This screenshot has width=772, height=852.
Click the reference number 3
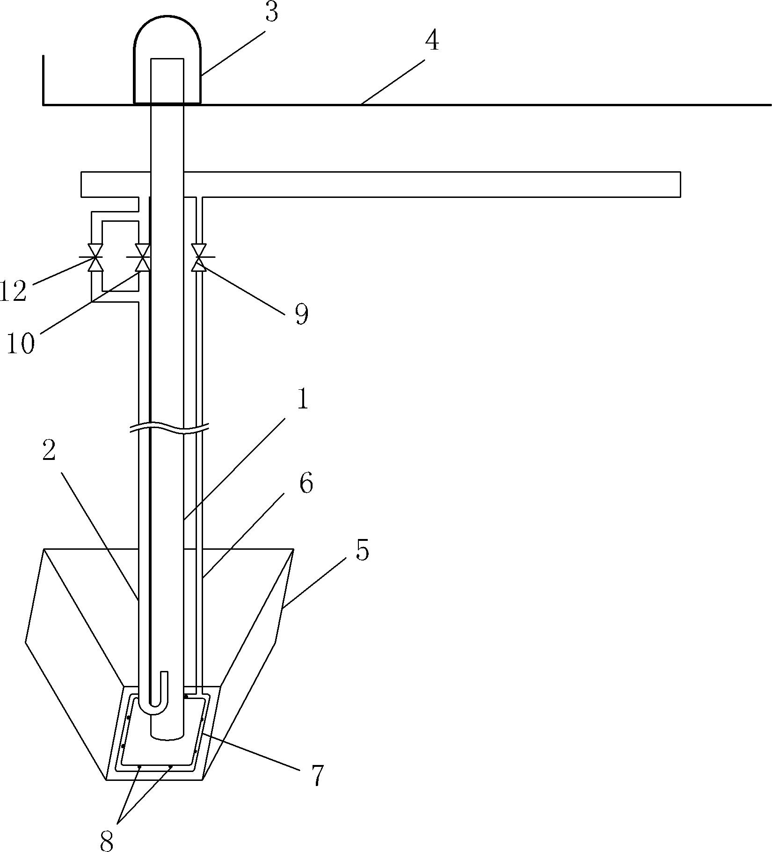[271, 13]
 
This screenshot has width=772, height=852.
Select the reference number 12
[13, 291]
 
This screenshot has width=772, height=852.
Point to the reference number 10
[21, 344]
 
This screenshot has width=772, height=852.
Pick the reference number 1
[303, 400]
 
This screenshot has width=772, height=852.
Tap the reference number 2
[49, 451]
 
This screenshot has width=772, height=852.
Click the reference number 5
[362, 550]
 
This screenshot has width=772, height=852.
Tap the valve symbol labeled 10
[142, 257]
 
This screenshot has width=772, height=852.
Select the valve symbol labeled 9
[199, 257]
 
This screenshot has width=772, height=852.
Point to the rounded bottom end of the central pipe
[167, 738]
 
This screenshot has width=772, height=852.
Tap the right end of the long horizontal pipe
[680, 184]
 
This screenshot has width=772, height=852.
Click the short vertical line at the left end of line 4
[44, 80]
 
